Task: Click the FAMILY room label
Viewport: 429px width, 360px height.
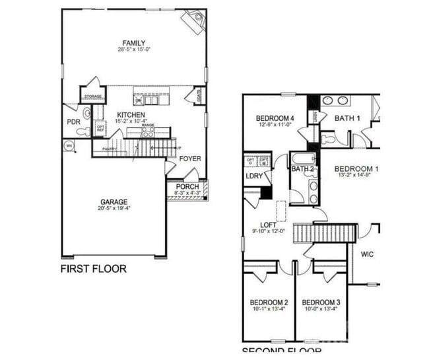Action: point(133,44)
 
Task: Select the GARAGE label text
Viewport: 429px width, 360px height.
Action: point(114,202)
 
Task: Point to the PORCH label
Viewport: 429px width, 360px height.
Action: point(187,187)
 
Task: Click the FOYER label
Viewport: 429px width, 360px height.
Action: point(190,159)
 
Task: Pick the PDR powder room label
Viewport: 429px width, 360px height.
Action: point(73,122)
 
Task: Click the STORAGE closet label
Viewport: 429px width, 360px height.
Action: point(92,98)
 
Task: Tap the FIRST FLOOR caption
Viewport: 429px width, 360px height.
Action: point(93,269)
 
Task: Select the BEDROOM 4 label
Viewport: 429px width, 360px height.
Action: point(275,118)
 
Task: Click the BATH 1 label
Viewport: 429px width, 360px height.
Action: point(347,118)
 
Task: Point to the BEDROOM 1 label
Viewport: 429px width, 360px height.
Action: point(356,169)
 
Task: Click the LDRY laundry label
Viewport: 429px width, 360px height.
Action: point(254,176)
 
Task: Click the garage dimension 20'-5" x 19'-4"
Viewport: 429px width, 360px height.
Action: point(114,209)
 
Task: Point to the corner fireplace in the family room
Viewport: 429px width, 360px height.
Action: point(195,22)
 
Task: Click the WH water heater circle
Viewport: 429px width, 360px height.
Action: point(69,146)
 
